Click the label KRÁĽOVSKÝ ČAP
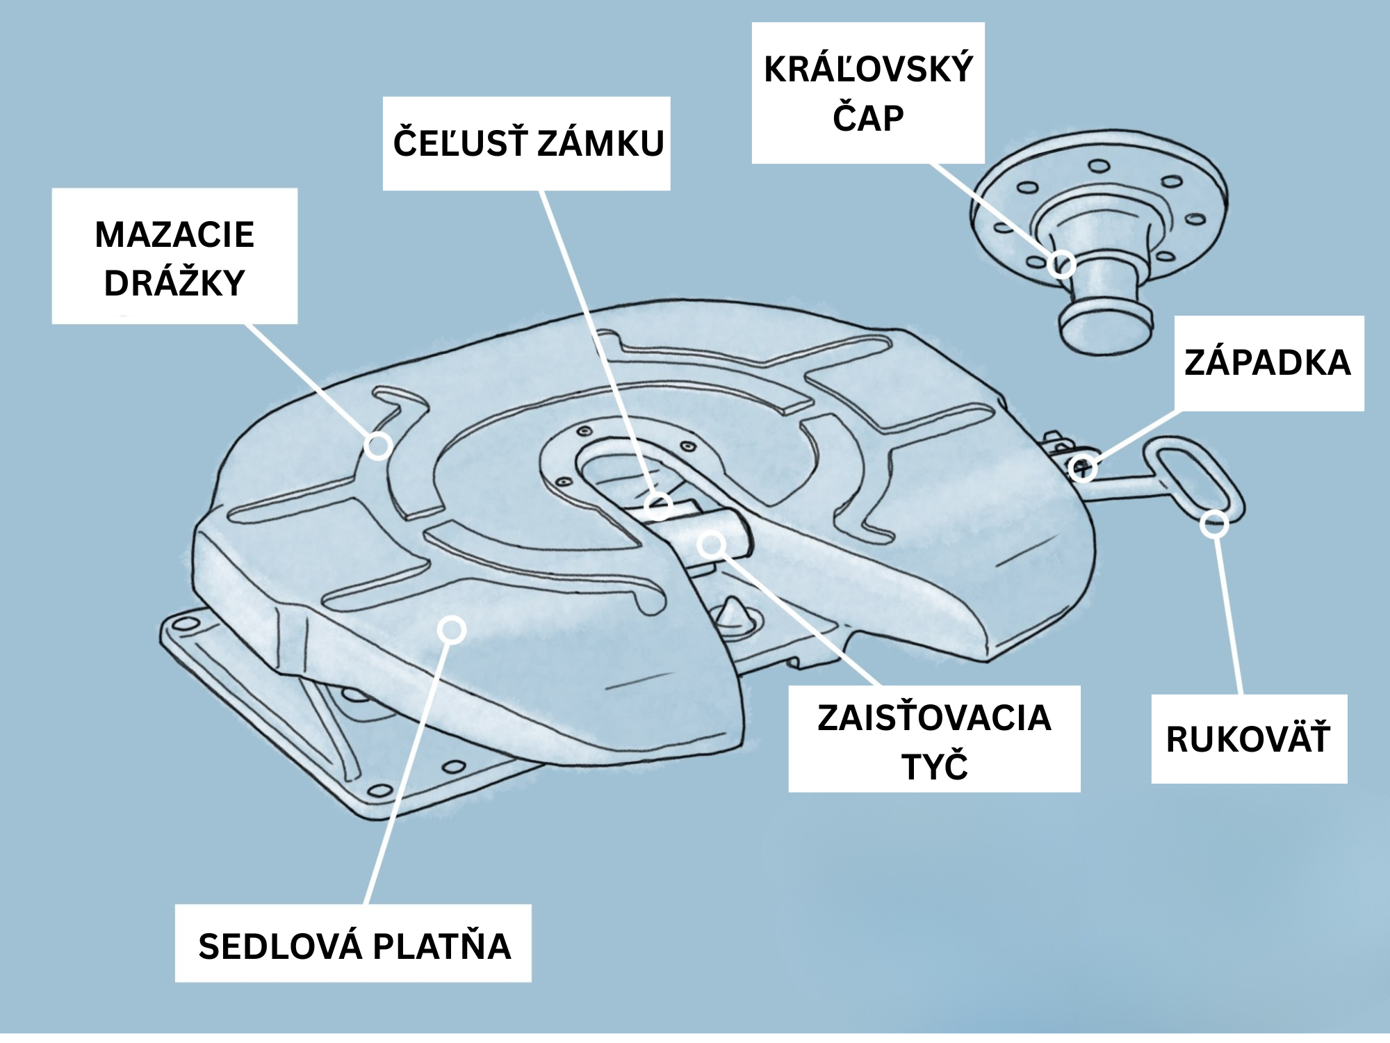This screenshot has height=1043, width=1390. (868, 93)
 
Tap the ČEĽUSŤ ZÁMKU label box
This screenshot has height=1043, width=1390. (527, 143)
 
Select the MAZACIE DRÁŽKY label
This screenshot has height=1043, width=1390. (174, 256)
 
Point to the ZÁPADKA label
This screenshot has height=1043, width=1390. (1268, 363)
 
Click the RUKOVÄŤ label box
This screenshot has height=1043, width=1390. (1248, 738)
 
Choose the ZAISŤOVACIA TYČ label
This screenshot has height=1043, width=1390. (934, 739)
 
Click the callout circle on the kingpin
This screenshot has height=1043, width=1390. (1061, 264)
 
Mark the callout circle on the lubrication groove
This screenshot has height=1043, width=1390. (378, 445)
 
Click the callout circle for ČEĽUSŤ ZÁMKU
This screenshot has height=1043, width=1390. (657, 506)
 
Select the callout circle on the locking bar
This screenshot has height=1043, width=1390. (712, 544)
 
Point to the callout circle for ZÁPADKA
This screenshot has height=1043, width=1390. (1083, 468)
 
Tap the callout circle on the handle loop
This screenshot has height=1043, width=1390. (1214, 524)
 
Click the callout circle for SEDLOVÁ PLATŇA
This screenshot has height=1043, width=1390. (452, 630)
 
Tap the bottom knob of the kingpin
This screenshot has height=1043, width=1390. (1105, 327)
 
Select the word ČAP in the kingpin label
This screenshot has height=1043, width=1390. (868, 118)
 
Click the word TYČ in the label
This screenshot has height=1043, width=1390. (934, 766)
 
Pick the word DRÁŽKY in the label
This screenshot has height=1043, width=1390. (174, 283)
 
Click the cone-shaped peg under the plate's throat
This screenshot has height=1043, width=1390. (731, 615)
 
